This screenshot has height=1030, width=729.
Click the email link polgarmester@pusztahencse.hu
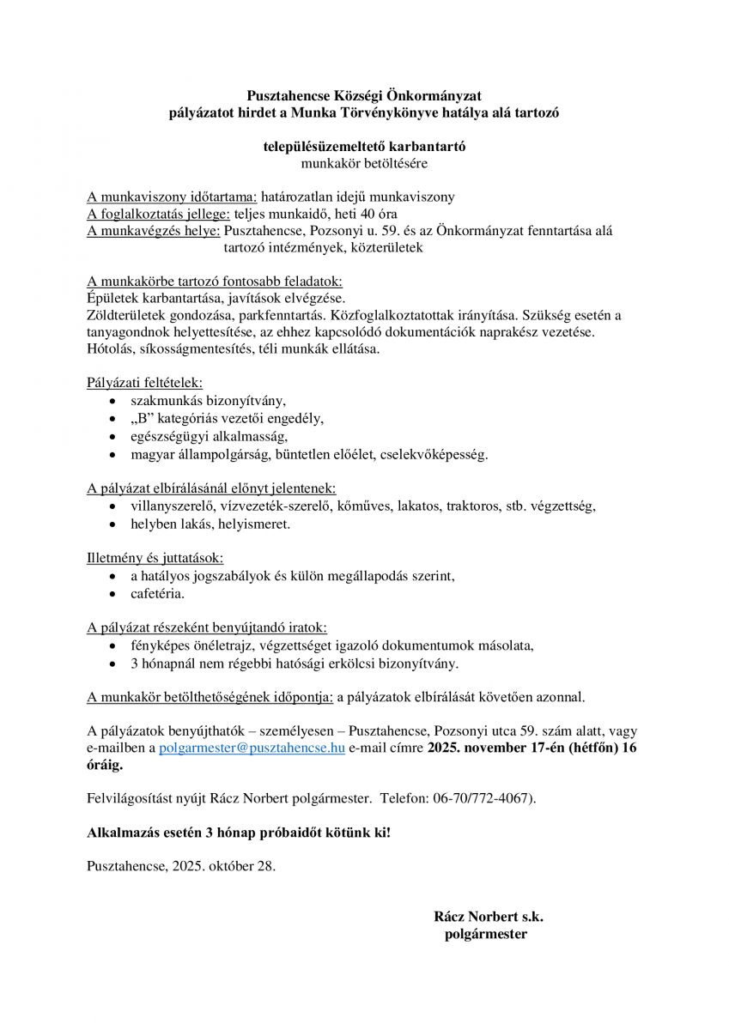[x=252, y=748]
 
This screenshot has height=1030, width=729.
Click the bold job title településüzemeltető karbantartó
[x=364, y=146]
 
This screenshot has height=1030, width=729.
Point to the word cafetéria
[x=157, y=593]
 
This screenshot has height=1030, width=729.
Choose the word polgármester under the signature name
[x=485, y=934]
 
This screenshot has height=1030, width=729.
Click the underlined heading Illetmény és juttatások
[x=155, y=557]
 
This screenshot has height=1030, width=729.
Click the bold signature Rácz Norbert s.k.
[x=489, y=917]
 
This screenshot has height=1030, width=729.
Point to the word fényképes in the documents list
[x=159, y=646]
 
